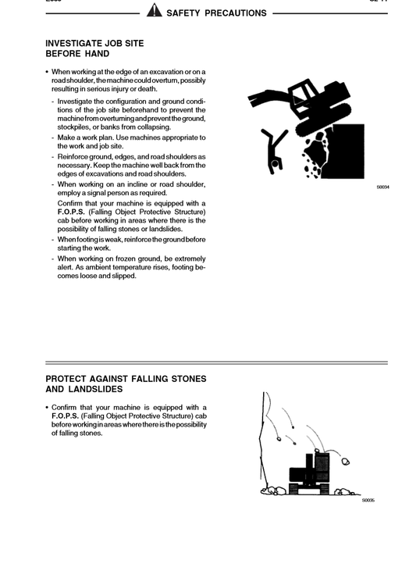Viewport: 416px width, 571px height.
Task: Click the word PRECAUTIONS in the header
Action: pyautogui.click(x=233, y=12)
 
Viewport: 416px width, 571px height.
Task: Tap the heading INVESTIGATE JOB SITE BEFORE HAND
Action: pyautogui.click(x=94, y=48)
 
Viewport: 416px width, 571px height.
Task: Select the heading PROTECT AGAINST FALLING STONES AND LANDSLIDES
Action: pyautogui.click(x=126, y=384)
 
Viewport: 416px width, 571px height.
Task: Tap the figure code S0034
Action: pyautogui.click(x=382, y=187)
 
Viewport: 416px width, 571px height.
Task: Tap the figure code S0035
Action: pyautogui.click(x=368, y=500)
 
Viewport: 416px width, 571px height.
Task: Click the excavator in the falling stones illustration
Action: pyautogui.click(x=308, y=473)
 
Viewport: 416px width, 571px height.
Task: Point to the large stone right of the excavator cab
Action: pyautogui.click(x=346, y=462)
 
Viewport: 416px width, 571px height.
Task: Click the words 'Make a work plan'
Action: pyautogui.click(x=84, y=137)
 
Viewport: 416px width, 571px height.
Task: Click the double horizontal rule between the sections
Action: pyautogui.click(x=216, y=362)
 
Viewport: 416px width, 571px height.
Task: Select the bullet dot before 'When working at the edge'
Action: pyautogui.click(x=48, y=72)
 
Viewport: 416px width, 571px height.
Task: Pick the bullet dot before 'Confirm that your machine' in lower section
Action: pyautogui.click(x=48, y=408)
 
